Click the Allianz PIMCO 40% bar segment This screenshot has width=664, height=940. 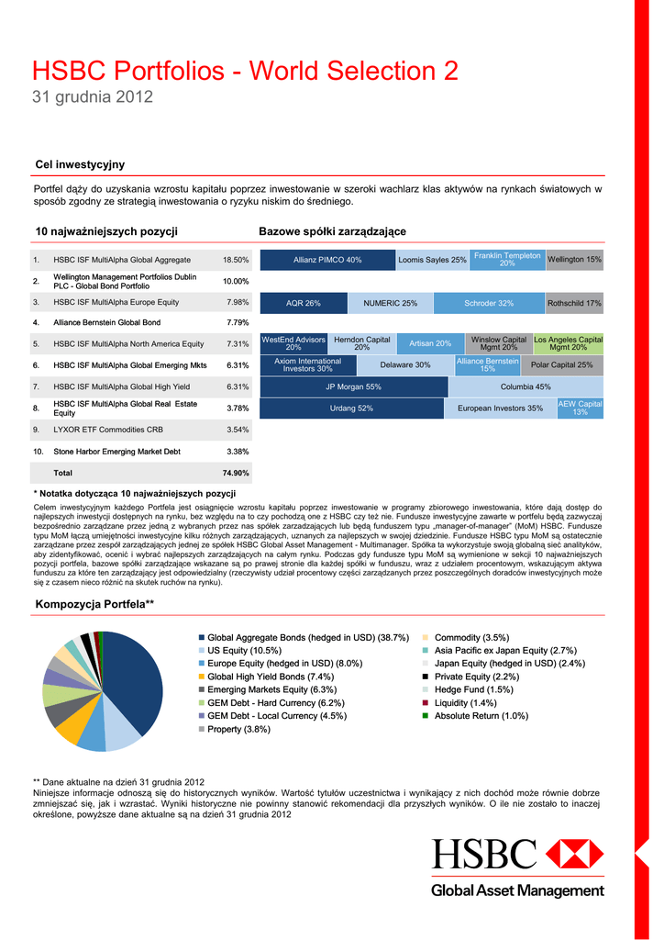[x=327, y=260]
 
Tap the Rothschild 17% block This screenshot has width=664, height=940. [x=574, y=303]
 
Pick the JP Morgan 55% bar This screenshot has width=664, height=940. [x=353, y=387]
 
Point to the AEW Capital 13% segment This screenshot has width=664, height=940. [x=581, y=408]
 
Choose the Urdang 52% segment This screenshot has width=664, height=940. [x=351, y=408]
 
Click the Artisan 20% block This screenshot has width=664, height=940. [x=429, y=343]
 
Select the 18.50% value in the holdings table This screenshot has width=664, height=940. [x=236, y=260]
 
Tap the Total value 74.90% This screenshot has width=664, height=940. [x=236, y=473]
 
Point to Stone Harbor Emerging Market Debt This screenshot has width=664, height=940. [x=116, y=452]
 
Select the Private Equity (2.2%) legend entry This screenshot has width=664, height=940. [x=477, y=677]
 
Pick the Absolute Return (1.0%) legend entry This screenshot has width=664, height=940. [x=481, y=716]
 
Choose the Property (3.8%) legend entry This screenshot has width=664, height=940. [x=238, y=729]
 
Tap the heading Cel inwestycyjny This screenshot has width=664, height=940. [x=80, y=164]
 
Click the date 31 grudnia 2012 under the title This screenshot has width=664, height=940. [x=93, y=96]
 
